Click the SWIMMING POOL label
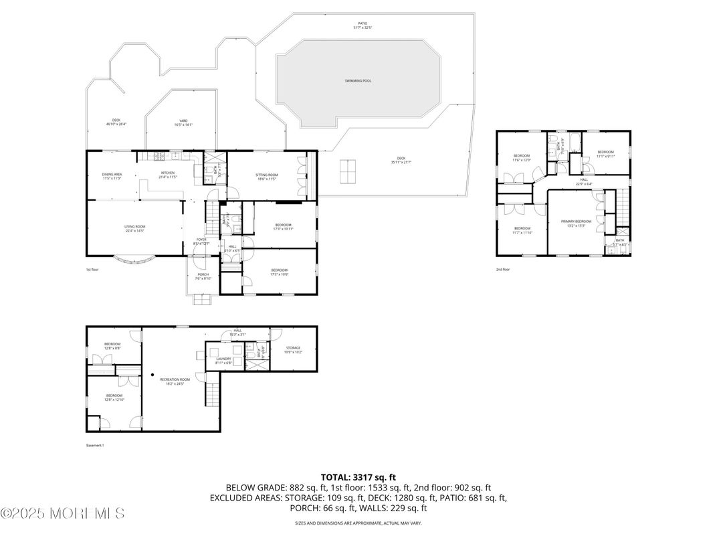(358, 81)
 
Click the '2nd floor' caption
(503, 269)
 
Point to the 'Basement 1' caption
(95, 445)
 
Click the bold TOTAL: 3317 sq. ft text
(358, 477)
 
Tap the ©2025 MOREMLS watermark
(62, 514)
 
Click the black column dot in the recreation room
(152, 375)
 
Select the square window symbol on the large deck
(348, 171)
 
